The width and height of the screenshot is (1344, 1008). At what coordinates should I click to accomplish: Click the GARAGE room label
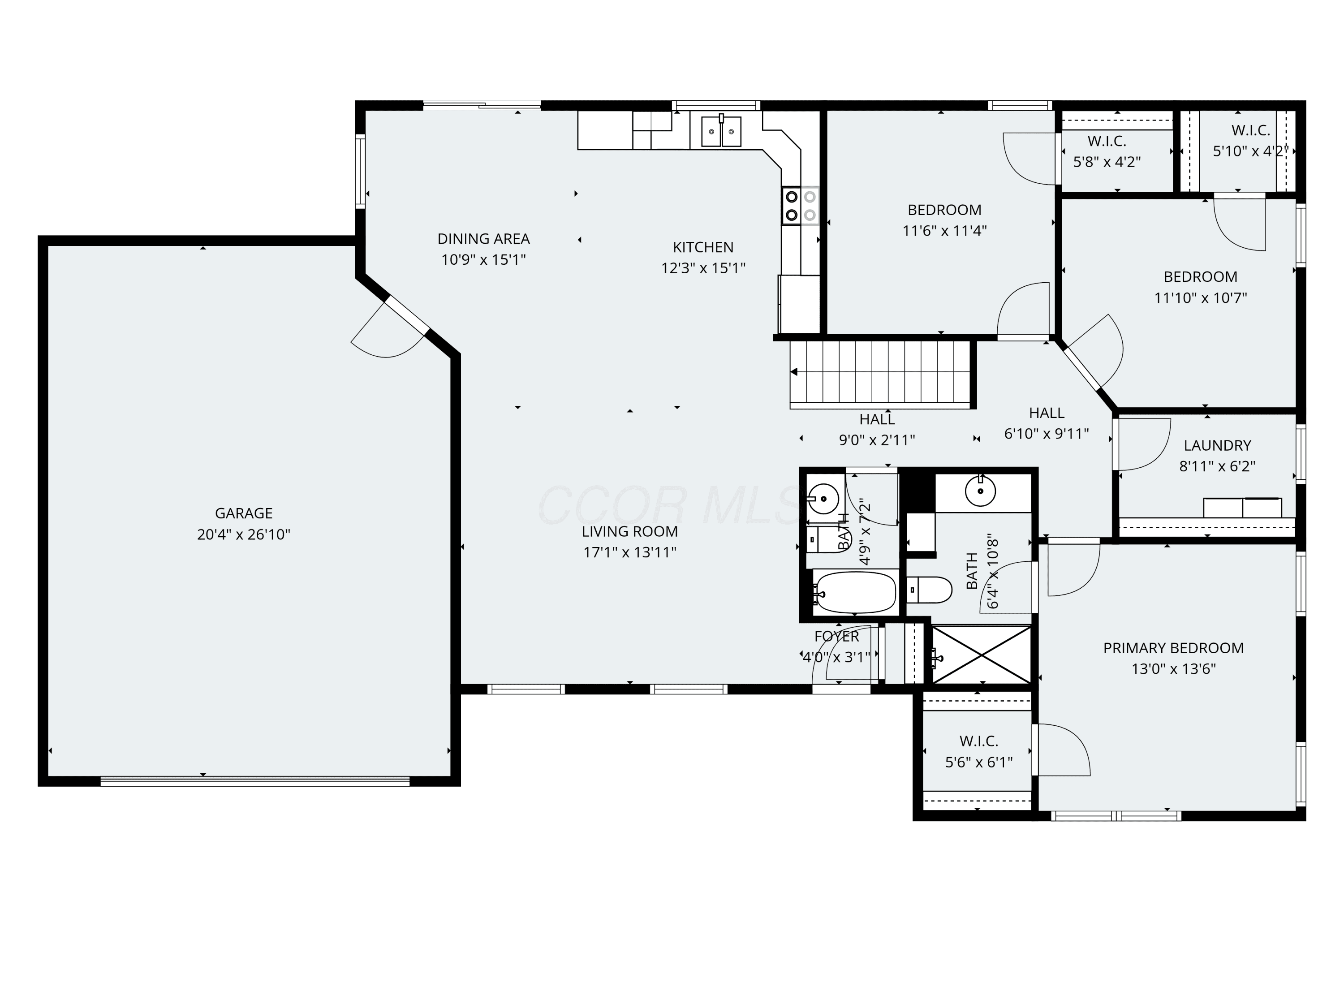point(244,513)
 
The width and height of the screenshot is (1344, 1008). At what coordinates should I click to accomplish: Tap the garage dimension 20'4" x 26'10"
point(244,534)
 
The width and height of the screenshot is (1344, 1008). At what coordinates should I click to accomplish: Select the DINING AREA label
point(484,239)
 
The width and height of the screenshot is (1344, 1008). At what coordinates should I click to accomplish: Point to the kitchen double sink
point(721,132)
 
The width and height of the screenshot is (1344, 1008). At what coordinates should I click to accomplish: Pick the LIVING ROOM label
point(629,532)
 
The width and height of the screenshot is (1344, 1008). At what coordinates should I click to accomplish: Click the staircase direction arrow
point(794,372)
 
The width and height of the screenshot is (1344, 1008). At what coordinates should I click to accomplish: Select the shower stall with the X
point(981,655)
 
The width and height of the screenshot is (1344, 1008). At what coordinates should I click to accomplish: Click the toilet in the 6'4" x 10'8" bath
point(929,590)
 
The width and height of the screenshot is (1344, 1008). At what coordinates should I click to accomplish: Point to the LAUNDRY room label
point(1218,445)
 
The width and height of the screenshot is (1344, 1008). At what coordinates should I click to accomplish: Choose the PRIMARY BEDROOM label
point(1173,648)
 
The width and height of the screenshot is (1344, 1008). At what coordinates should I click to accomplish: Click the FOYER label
point(837,637)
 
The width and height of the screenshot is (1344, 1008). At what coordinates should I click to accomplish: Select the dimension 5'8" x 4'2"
point(1107,162)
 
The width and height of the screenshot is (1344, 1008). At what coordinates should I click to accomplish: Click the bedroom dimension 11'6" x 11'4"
point(944,231)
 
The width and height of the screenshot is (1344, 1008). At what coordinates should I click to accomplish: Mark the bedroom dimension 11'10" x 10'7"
point(1201,298)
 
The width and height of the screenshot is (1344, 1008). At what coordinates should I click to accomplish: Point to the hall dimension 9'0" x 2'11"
point(877,440)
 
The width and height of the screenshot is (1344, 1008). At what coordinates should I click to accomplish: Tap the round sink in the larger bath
point(980,491)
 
